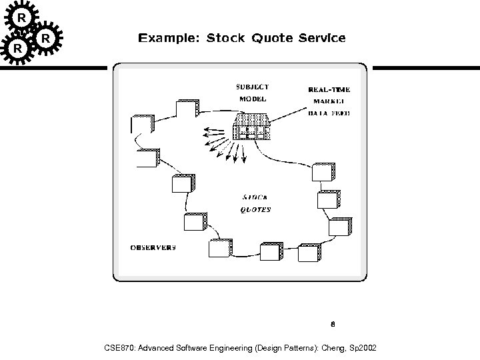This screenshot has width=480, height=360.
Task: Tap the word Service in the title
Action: (322, 38)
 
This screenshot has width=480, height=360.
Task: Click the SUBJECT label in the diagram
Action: (253, 87)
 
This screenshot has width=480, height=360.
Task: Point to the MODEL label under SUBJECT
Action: (253, 99)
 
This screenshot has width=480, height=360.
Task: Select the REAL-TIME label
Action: (329, 89)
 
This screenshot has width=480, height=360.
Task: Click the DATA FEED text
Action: (329, 113)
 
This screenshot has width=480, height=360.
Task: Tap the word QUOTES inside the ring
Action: (255, 209)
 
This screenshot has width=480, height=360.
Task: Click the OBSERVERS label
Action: (152, 247)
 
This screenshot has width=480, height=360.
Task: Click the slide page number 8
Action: (332, 325)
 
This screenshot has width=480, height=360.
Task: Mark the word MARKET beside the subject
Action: (329, 101)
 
